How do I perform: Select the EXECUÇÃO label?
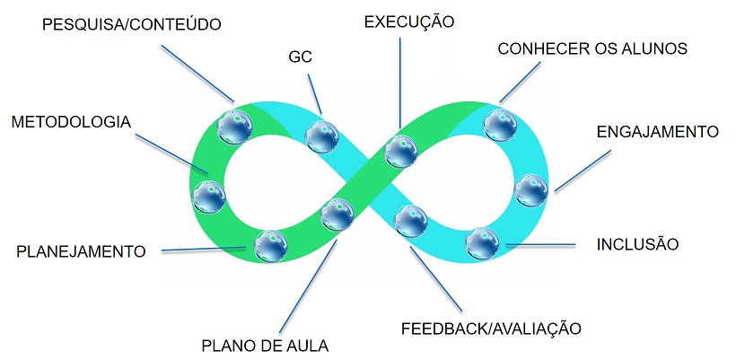click(x=409, y=20)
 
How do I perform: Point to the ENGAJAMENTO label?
click(x=657, y=131)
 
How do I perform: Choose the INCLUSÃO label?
click(x=638, y=243)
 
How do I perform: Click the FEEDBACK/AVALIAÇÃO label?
click(x=491, y=327)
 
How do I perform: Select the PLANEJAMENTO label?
click(x=81, y=250)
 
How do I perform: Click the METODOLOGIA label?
click(x=70, y=121)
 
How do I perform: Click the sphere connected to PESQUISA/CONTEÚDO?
click(x=236, y=127)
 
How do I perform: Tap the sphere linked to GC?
click(x=321, y=136)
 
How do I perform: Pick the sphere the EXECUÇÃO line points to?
click(x=401, y=151)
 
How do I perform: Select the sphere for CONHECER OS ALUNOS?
click(x=498, y=125)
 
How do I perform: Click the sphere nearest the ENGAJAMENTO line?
click(x=531, y=189)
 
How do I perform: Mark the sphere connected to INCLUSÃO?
click(x=483, y=242)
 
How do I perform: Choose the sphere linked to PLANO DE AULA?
click(x=337, y=215)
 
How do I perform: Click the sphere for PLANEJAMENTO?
click(x=270, y=246)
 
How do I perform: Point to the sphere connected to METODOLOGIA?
click(x=210, y=197)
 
